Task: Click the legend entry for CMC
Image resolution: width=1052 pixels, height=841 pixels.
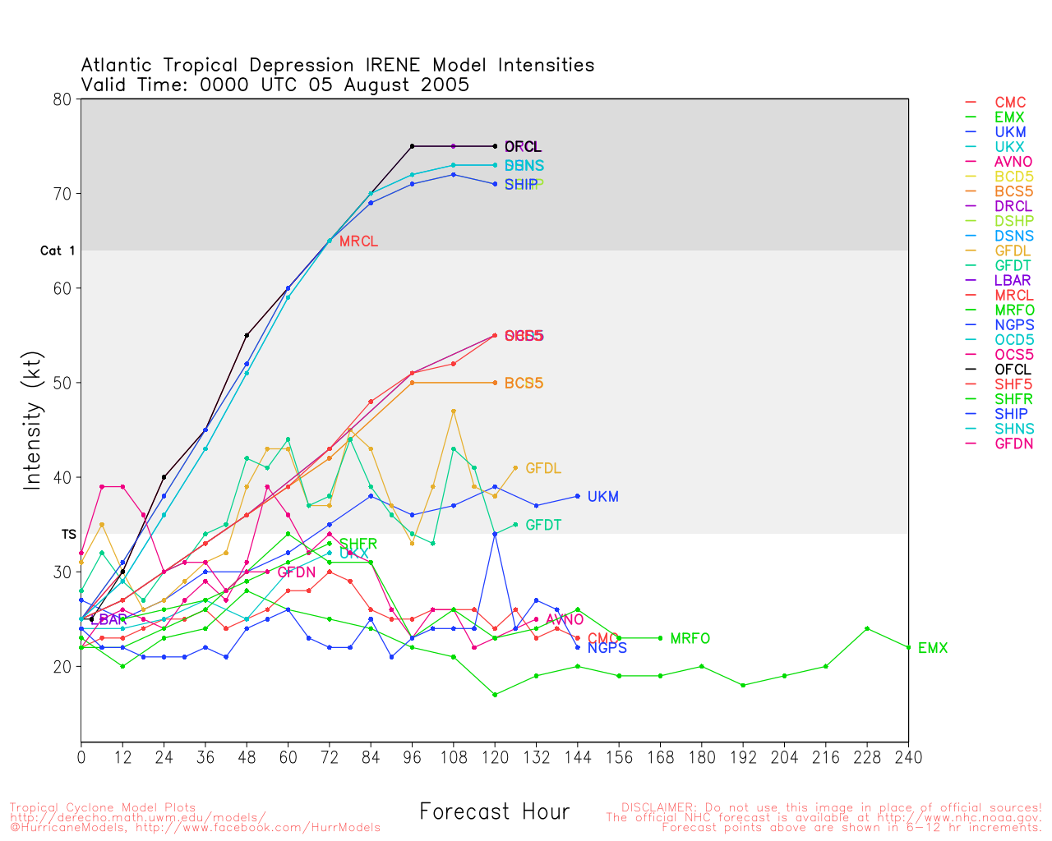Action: (1010, 103)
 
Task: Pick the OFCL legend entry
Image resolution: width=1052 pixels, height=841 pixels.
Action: (1013, 370)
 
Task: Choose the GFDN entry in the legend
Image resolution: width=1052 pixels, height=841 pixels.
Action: (1013, 443)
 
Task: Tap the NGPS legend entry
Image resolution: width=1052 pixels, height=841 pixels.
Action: (1013, 325)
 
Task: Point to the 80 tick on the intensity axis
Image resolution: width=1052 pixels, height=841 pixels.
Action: (63, 99)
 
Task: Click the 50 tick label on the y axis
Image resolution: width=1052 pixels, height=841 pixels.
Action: (63, 383)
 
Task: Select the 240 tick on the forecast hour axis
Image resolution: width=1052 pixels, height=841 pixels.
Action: (908, 757)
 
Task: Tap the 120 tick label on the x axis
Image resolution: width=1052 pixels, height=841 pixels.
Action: (495, 757)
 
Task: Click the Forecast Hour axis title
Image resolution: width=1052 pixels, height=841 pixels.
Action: (494, 812)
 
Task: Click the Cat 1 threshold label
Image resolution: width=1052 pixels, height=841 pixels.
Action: (58, 250)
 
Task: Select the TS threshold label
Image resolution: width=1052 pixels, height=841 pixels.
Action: (68, 535)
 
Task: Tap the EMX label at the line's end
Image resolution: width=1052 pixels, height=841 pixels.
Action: (932, 649)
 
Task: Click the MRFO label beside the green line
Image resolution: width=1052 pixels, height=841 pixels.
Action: (690, 639)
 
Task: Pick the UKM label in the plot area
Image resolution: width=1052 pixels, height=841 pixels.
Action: (602, 497)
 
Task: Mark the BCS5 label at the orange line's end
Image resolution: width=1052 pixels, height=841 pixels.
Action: (524, 384)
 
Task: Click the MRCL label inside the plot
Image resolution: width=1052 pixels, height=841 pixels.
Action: (358, 241)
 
